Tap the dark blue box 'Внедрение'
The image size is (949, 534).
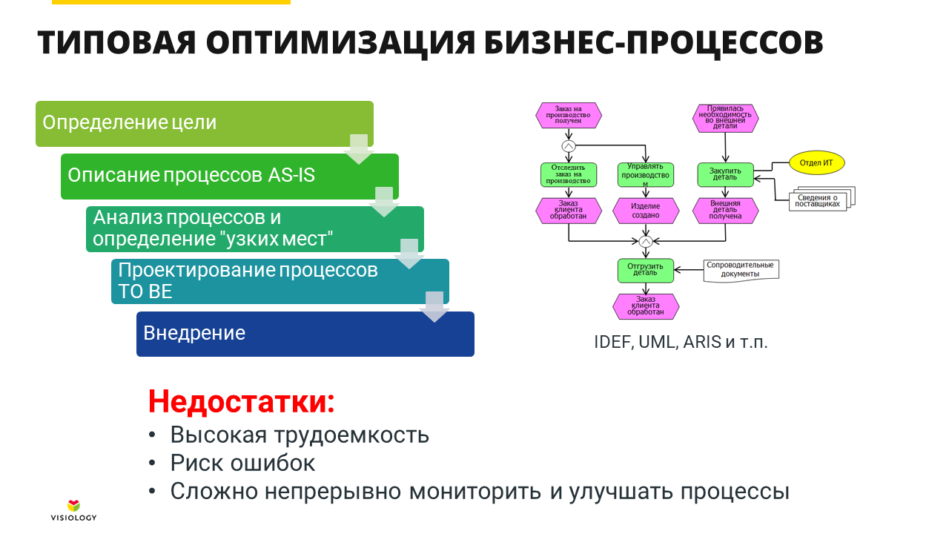pos(304,334)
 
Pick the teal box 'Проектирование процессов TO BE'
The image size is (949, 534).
pos(267,281)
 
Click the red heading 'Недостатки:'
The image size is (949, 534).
pos(242,401)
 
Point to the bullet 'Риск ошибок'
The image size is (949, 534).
pos(242,463)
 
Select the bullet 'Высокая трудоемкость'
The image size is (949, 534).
pos(300,435)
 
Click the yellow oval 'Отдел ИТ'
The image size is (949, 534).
pos(816,162)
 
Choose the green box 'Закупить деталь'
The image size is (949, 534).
pos(725,175)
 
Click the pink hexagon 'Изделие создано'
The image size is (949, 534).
pos(646,211)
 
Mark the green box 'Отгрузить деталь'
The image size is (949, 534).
pos(646,270)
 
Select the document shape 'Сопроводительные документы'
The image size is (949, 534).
pos(740,269)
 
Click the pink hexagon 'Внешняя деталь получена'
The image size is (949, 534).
pos(725,211)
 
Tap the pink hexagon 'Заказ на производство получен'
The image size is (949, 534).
pos(568,115)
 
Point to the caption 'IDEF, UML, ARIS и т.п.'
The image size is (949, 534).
pos(681,343)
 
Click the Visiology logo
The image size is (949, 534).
pos(73,510)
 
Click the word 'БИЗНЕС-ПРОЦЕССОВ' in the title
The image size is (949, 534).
pos(653,43)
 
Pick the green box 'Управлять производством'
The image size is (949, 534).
pos(646,175)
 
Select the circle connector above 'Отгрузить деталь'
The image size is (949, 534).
pos(645,242)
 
